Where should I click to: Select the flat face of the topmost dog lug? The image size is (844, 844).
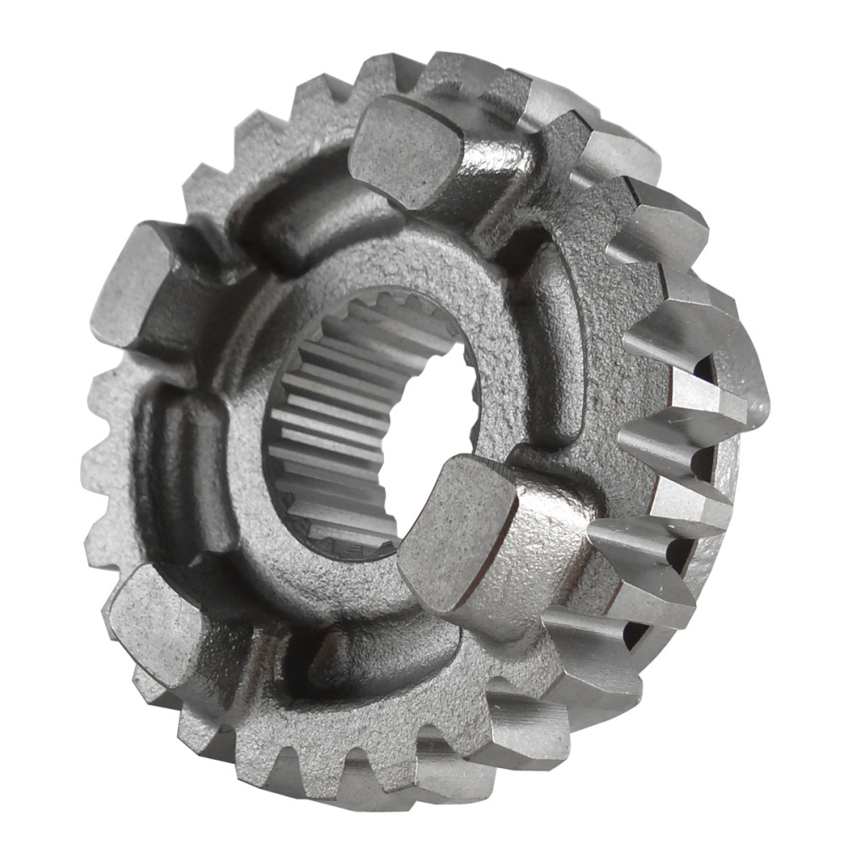tap(405, 148)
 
